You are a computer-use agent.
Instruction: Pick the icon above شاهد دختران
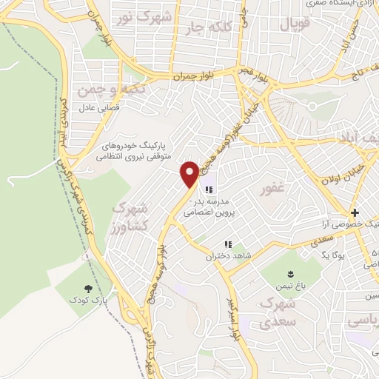coord(229,244)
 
